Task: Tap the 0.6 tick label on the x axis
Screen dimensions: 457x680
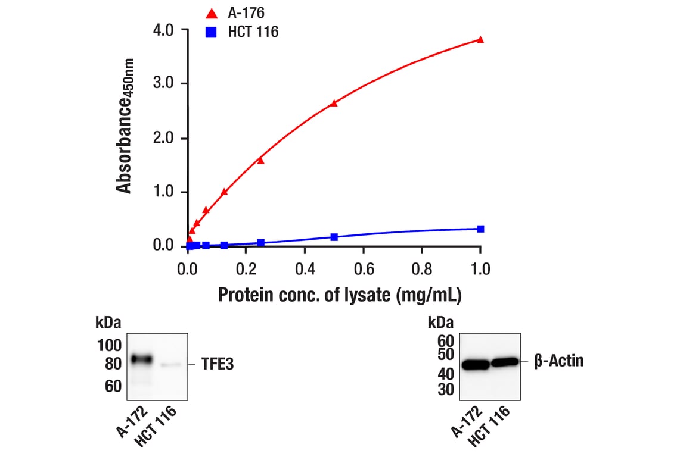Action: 364,269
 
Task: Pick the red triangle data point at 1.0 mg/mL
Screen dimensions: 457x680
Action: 480,40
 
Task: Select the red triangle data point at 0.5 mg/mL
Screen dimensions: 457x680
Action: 334,103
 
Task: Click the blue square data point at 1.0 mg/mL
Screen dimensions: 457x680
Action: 480,228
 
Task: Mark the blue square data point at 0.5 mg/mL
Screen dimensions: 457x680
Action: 334,237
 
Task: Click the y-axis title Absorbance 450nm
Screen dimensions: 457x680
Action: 125,125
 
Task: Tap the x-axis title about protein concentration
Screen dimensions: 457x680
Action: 340,295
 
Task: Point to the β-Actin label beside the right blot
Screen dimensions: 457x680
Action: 558,361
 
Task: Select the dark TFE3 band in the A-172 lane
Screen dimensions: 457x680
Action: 142,359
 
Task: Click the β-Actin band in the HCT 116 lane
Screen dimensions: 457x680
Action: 505,362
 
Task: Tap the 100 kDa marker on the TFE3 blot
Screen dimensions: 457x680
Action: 109,345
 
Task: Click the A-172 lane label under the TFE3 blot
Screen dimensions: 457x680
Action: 133,420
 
